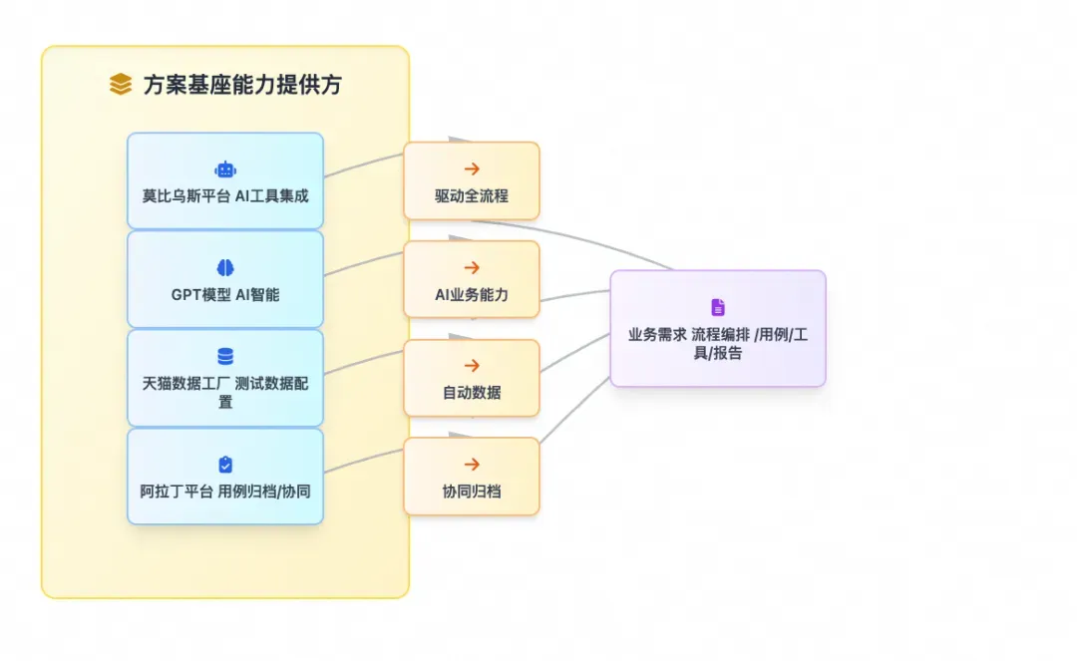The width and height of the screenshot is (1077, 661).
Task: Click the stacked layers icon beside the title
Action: click(x=121, y=84)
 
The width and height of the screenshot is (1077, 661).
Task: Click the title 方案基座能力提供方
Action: click(x=242, y=85)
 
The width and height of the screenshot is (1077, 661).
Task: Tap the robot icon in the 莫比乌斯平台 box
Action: click(x=225, y=169)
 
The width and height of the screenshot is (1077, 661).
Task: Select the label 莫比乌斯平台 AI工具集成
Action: click(x=225, y=196)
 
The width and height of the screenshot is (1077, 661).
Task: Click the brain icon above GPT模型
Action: click(x=225, y=268)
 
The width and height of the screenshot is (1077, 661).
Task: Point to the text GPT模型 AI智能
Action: click(x=225, y=295)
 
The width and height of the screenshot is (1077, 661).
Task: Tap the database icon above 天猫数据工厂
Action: click(x=225, y=356)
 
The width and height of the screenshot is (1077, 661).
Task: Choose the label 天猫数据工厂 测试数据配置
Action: click(x=225, y=393)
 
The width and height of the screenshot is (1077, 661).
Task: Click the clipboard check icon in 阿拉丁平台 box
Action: click(x=225, y=465)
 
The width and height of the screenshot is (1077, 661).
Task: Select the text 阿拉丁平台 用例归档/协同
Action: click(x=225, y=492)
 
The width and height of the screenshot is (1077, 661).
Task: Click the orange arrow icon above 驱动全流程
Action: click(x=472, y=168)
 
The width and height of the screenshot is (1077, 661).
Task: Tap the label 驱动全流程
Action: click(x=472, y=196)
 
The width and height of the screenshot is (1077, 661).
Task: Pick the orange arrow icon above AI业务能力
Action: click(x=472, y=268)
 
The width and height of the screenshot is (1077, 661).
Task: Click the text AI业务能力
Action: click(x=472, y=295)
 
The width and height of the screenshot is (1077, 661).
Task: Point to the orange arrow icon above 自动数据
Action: click(x=472, y=366)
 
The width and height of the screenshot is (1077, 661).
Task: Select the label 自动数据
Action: click(x=472, y=393)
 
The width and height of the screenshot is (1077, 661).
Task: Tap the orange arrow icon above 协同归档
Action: click(x=472, y=465)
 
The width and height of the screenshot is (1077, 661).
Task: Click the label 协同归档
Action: click(x=472, y=492)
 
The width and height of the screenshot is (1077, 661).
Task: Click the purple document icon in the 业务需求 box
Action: click(x=718, y=307)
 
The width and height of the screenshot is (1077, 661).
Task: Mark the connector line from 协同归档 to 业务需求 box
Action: click(x=574, y=409)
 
